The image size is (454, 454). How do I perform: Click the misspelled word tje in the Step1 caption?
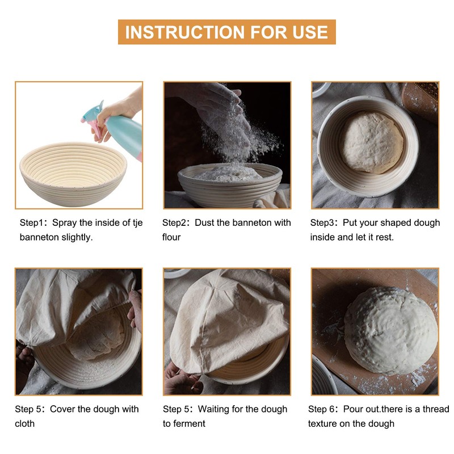tap(134, 222)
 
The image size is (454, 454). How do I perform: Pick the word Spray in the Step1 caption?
tap(64, 222)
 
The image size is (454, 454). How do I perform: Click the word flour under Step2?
tap(171, 237)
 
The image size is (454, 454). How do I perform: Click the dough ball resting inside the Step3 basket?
tap(372, 142)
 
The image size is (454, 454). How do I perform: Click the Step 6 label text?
tap(323, 409)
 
